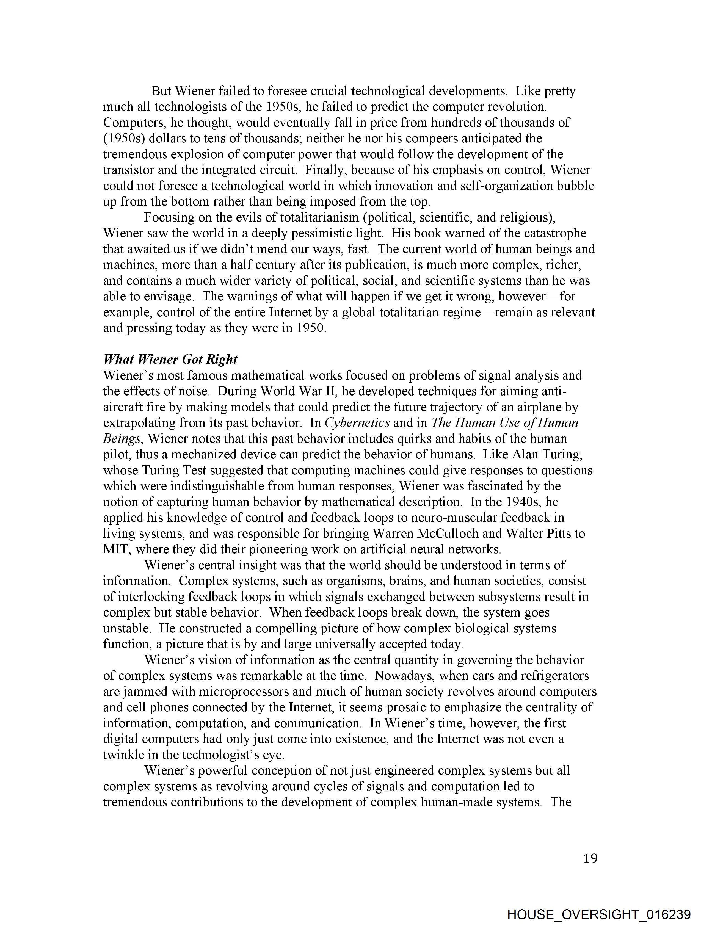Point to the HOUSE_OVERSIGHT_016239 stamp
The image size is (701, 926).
pyautogui.click(x=598, y=914)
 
